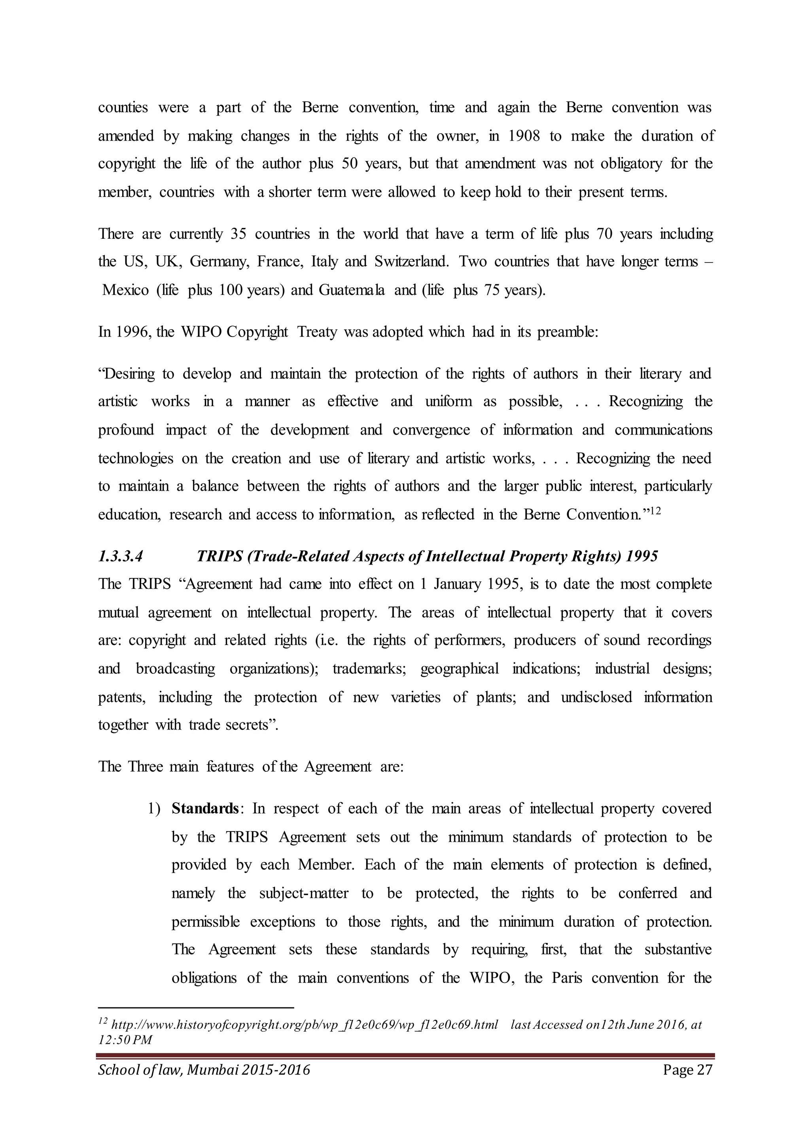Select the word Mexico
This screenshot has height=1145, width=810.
click(x=125, y=290)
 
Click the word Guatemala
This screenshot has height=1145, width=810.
click(x=352, y=290)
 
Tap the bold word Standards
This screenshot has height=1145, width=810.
click(x=205, y=809)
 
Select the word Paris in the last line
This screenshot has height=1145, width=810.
click(x=567, y=978)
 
